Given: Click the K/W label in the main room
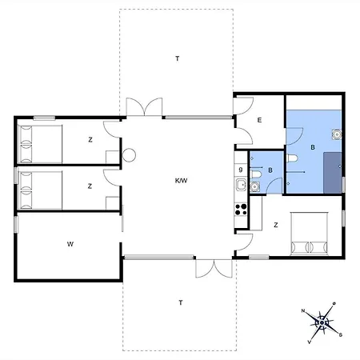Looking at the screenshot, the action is [x=181, y=181].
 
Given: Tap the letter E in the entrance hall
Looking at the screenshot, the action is [x=259, y=120].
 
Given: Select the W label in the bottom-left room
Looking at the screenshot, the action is [x=70, y=244].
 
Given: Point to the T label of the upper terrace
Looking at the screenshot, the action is [x=178, y=58].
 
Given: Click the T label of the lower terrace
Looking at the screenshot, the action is [x=181, y=302].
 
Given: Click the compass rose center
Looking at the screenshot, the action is [x=322, y=323].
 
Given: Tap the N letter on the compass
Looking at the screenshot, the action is [x=303, y=310].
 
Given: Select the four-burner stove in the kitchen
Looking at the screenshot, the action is [x=241, y=210].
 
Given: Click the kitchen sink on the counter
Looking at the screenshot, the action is [x=242, y=185].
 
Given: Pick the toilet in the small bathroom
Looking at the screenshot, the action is [x=256, y=174].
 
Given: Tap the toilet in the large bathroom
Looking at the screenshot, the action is [x=292, y=158].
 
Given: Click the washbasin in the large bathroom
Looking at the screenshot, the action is [x=337, y=134].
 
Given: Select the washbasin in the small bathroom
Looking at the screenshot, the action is [x=255, y=186].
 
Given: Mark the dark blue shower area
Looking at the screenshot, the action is [x=333, y=173].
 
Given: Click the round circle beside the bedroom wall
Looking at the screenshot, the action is [x=129, y=155].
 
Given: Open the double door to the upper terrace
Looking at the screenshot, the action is [x=144, y=107].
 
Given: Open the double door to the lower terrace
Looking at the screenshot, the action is [x=214, y=268].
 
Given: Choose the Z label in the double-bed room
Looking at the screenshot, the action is [x=276, y=225].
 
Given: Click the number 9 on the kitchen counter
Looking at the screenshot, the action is [x=241, y=170].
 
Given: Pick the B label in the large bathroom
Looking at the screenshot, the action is [x=313, y=147].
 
